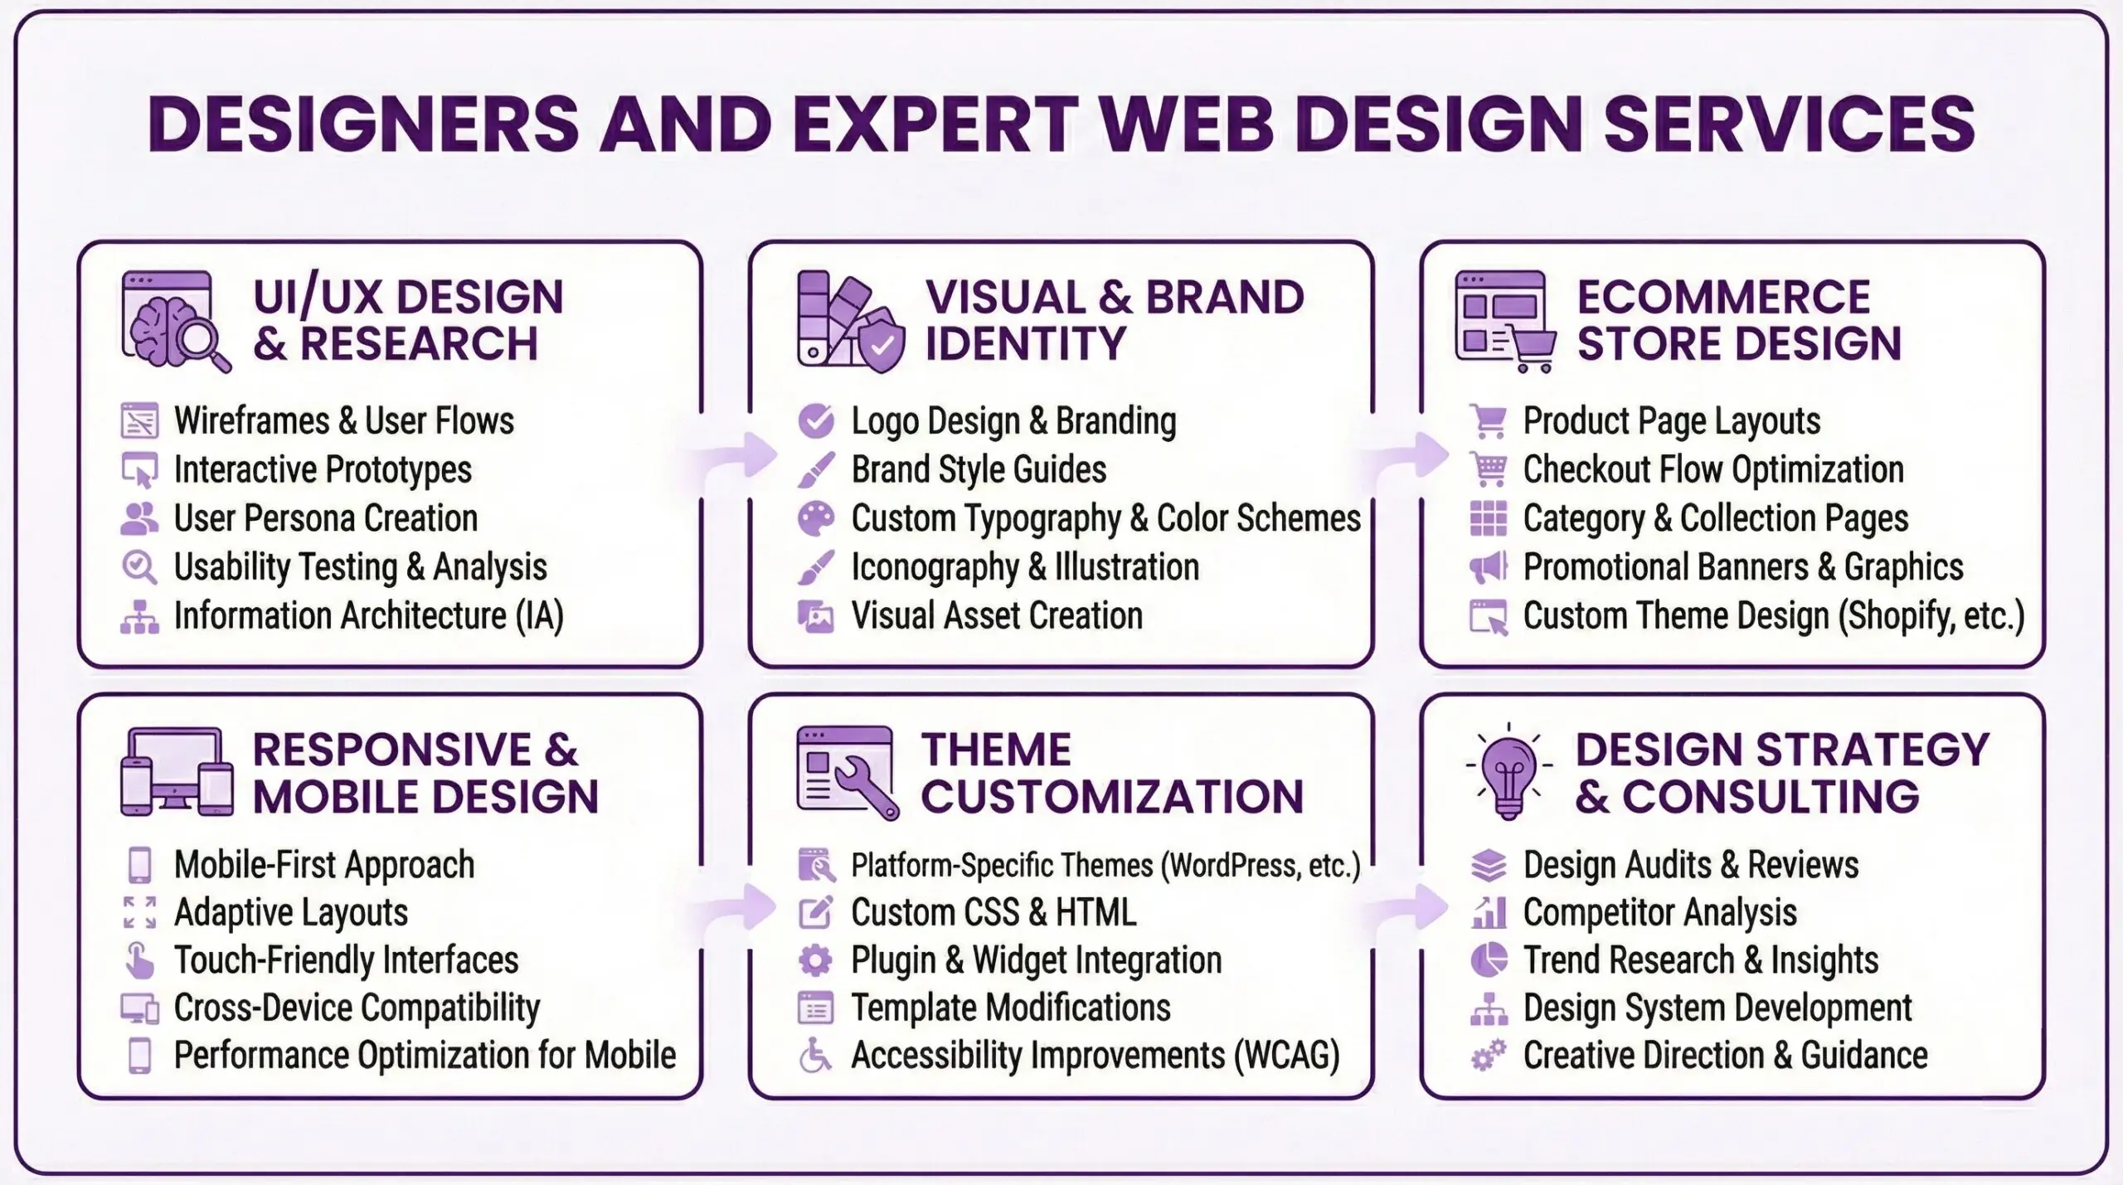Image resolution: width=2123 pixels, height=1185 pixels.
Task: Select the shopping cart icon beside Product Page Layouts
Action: [x=1488, y=421]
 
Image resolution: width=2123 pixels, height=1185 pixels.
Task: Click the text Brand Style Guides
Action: [x=979, y=470]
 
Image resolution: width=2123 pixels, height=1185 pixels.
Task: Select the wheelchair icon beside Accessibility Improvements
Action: [x=815, y=1056]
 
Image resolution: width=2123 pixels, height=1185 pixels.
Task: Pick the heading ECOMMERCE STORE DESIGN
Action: [x=1739, y=320]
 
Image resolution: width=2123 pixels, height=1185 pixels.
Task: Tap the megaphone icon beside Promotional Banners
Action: [x=1488, y=568]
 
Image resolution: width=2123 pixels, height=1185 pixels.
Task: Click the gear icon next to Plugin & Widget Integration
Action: [x=815, y=960]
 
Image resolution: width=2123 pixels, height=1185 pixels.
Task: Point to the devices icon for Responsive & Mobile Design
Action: [x=177, y=772]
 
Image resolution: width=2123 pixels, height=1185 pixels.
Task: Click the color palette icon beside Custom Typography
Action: [x=816, y=519]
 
